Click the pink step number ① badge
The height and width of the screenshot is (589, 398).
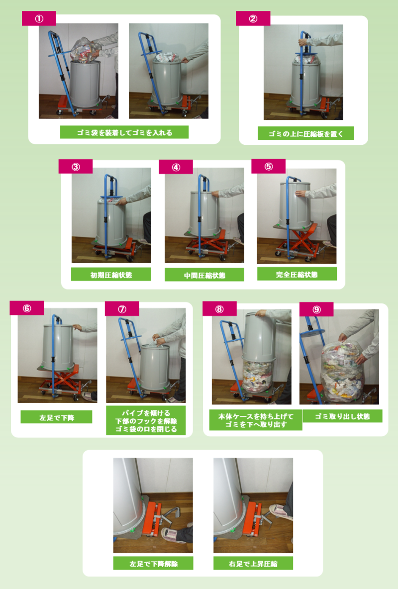pos(39,18)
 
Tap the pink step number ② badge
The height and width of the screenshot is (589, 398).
pos(253,18)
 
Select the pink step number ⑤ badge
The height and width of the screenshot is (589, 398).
pos(268,167)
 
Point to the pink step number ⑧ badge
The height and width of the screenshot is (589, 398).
pos(219,309)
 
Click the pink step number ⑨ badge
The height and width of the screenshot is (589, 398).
pos(316,309)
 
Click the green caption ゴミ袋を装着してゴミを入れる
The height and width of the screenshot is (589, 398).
pos(124,132)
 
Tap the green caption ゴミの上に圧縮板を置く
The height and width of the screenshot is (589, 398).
pos(305,133)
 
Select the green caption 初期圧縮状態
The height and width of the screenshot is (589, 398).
pos(111,275)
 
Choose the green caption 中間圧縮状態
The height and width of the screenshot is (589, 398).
pos(204,275)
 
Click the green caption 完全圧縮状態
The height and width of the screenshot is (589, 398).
pos(297,274)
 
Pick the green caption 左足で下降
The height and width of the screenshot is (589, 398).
pos(56,417)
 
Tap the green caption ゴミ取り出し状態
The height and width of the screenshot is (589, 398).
pos(342,416)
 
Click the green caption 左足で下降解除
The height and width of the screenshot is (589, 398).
pos(153,564)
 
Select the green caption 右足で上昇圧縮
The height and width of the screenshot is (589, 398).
pos(253,564)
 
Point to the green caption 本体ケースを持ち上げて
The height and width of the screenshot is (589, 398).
pos(256,416)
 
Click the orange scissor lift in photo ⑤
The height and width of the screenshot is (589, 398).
pos(299,240)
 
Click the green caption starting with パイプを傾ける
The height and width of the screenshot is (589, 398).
pos(146,421)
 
